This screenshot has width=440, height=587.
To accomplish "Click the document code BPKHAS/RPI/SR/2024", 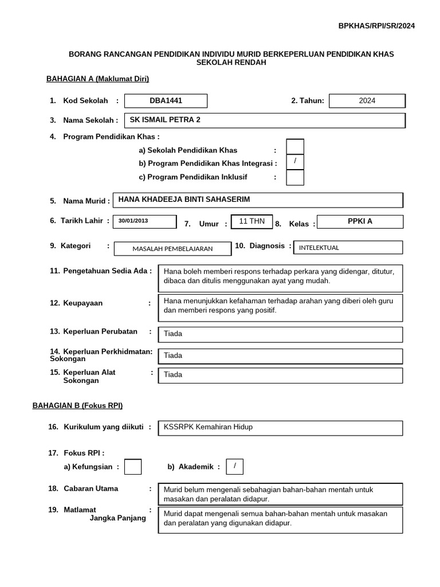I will (376, 26).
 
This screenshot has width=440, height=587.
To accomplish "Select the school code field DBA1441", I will (166, 101).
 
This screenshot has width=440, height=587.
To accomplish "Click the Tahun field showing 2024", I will (367, 101).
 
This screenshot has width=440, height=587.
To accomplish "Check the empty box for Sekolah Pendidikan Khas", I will (294, 147).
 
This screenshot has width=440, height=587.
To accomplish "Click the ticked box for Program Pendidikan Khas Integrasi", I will (294, 162).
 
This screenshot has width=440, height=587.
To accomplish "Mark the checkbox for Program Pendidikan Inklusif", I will (294, 178).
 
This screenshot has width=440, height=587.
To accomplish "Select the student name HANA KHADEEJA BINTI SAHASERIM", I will (258, 200).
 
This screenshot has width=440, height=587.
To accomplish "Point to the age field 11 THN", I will (251, 221).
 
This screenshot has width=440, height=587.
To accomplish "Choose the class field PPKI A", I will (360, 222).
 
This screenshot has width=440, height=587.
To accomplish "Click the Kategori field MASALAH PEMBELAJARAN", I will (172, 248).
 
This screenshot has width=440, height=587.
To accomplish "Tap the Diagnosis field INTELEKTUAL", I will (348, 248).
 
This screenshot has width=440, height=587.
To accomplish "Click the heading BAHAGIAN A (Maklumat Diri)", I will (97, 79).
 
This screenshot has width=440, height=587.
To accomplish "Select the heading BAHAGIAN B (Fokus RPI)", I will (77, 405).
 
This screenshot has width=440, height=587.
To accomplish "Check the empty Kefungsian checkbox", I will (133, 467).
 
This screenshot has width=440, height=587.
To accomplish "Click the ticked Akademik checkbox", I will (234, 467).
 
